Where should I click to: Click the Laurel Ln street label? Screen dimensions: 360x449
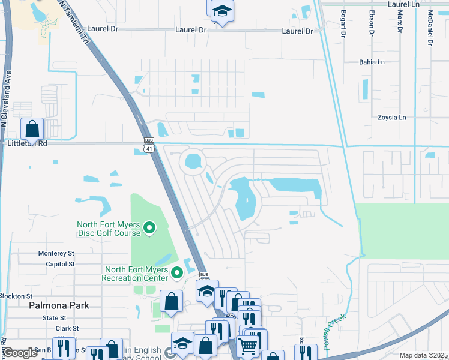click(x=404, y=4)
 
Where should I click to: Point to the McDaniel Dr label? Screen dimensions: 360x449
click(x=430, y=28)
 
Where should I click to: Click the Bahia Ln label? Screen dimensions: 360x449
click(x=372, y=62)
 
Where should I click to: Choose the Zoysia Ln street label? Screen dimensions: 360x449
click(x=392, y=118)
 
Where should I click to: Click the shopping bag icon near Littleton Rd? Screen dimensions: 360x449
click(x=32, y=128)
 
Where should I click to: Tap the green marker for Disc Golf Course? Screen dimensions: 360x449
click(x=149, y=229)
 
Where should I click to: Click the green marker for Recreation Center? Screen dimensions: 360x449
click(x=176, y=274)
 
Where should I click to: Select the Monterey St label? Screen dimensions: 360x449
click(x=56, y=254)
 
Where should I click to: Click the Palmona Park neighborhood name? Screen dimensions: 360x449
click(x=59, y=305)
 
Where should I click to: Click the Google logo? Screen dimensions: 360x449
click(x=20, y=353)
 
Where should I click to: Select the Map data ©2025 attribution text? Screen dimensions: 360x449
click(x=423, y=355)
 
